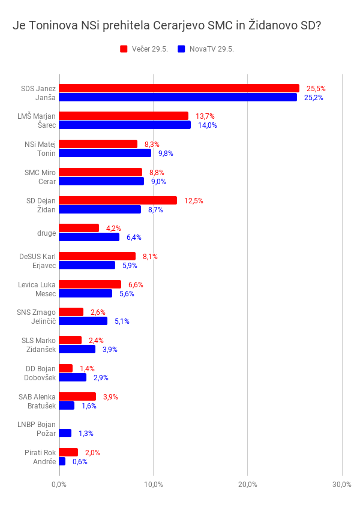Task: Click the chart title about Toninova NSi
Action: pos(167,26)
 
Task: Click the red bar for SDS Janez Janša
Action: pos(179,88)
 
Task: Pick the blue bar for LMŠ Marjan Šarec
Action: pos(125,125)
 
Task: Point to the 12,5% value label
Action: pos(194,200)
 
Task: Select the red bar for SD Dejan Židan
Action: pos(118,200)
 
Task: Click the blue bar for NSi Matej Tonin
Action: pos(105,153)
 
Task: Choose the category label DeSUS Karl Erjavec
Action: pos(37,261)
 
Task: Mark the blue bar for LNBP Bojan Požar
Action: pos(65,433)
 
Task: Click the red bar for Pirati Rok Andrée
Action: pos(68,452)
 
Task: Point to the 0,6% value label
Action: pos(80,462)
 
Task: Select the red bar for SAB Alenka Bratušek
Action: pos(77,396)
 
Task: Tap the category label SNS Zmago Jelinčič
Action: pos(37,317)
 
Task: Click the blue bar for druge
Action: pos(89,237)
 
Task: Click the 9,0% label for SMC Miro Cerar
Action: pos(158,181)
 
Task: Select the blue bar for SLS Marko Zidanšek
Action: pos(77,349)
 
